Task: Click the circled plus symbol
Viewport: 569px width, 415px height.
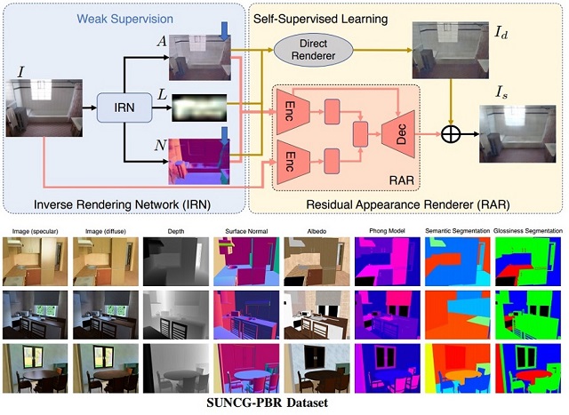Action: [453, 134]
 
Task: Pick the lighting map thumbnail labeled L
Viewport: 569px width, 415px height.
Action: [201, 108]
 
